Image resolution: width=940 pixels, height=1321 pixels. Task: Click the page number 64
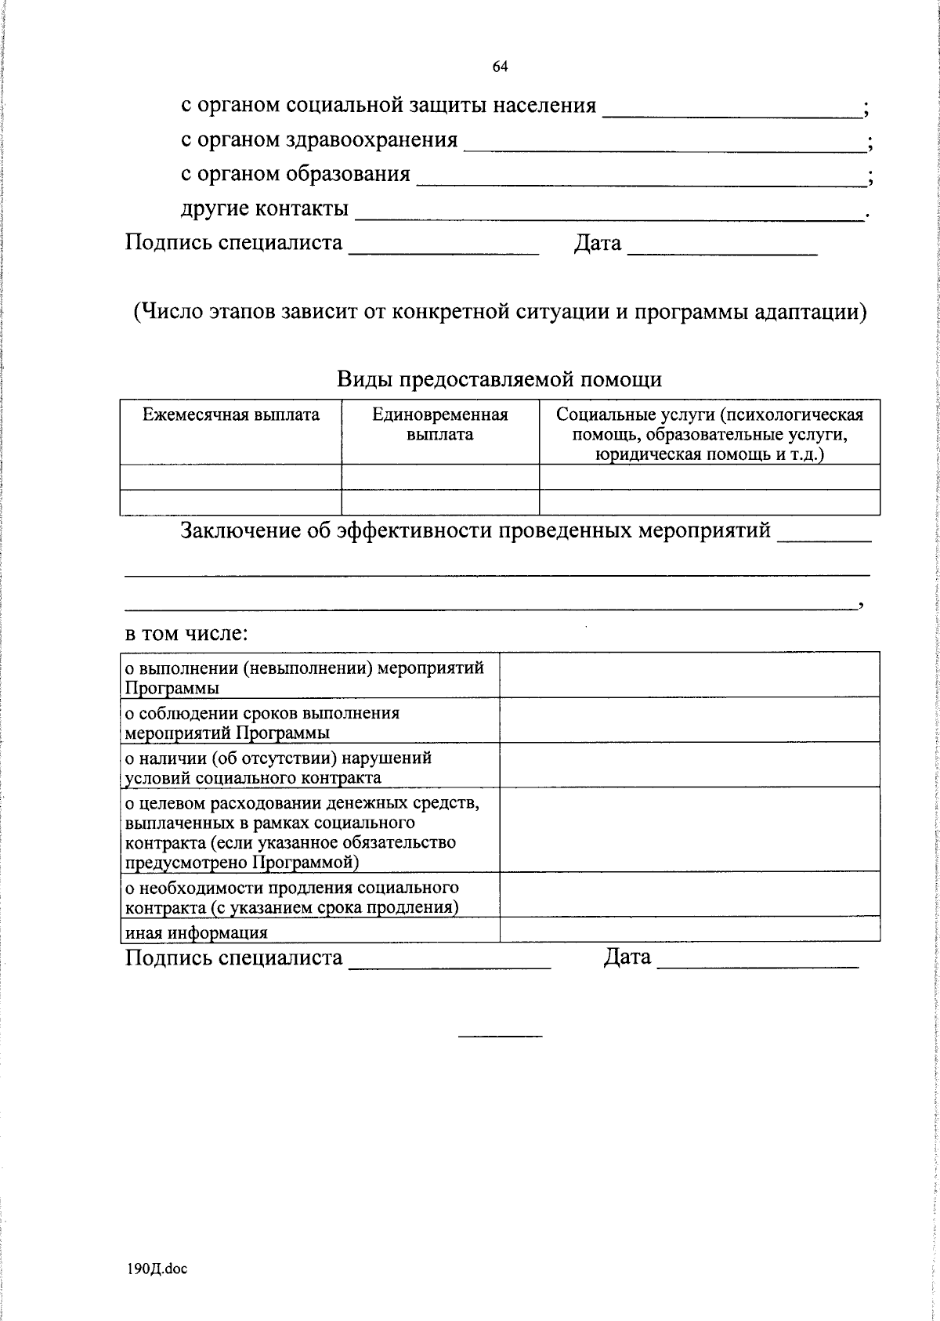(501, 67)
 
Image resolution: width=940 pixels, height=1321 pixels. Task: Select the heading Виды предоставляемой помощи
(499, 380)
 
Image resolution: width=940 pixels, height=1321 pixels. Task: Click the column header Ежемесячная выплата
(231, 415)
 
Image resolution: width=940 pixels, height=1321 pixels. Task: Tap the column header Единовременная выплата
(439, 424)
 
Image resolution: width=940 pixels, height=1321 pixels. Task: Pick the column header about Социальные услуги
(709, 434)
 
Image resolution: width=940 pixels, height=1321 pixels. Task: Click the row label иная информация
(197, 932)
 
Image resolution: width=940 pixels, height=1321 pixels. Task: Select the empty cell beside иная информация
(689, 930)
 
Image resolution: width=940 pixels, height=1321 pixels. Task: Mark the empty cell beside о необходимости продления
(689, 894)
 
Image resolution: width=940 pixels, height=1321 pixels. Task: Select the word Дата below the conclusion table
(627, 957)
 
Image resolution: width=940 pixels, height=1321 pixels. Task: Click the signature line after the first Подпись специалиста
(443, 252)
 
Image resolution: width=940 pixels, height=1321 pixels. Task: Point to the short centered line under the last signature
(500, 1037)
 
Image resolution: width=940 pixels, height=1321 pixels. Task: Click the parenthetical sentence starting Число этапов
(500, 313)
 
